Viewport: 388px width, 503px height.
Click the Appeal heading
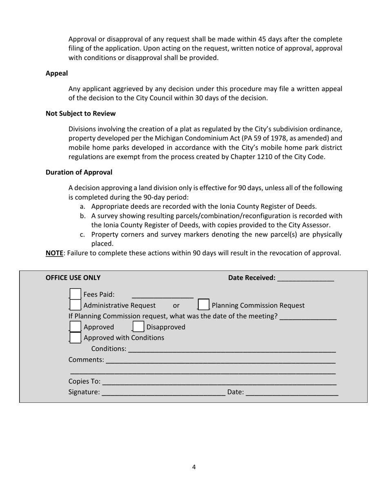point(56,73)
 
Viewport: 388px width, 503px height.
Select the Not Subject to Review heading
point(80,113)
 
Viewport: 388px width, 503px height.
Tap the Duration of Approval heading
point(79,172)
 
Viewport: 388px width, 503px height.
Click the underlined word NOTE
point(54,253)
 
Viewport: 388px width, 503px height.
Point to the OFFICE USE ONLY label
point(73,278)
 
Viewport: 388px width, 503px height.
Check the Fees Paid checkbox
point(75,294)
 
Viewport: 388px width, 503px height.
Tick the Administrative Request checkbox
point(75,305)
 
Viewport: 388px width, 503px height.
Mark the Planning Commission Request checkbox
point(203,305)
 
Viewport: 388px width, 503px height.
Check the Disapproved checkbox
point(138,327)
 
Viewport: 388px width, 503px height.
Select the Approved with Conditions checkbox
point(75,337)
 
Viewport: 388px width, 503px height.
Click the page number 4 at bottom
point(194,467)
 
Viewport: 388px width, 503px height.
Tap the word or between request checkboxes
point(176,305)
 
